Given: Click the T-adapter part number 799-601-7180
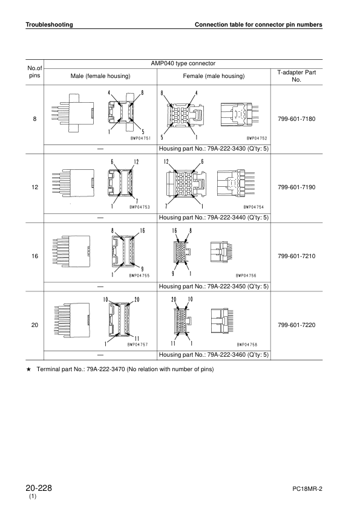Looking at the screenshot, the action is pyautogui.click(x=296, y=119).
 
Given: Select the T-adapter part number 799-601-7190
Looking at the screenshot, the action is pyautogui.click(x=296, y=187).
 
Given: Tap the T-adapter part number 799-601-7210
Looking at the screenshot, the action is pyautogui.click(x=296, y=256).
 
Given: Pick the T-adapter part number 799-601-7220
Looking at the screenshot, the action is pyautogui.click(x=296, y=325).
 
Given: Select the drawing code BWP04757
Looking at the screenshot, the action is pyautogui.click(x=138, y=345).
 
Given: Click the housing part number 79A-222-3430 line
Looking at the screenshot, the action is pyautogui.click(x=213, y=149).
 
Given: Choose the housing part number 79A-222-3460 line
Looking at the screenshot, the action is pyautogui.click(x=213, y=355).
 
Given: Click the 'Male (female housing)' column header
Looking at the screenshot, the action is pyautogui.click(x=100, y=76).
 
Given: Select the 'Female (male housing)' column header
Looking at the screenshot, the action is pyautogui.click(x=214, y=76).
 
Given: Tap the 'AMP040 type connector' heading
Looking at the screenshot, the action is pyautogui.click(x=183, y=63).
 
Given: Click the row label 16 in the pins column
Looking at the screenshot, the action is pyautogui.click(x=34, y=256).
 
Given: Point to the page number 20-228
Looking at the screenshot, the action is pyautogui.click(x=38, y=487).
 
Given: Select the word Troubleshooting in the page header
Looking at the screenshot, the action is pyautogui.click(x=49, y=25).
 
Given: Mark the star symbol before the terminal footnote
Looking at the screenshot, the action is pyautogui.click(x=28, y=369).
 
